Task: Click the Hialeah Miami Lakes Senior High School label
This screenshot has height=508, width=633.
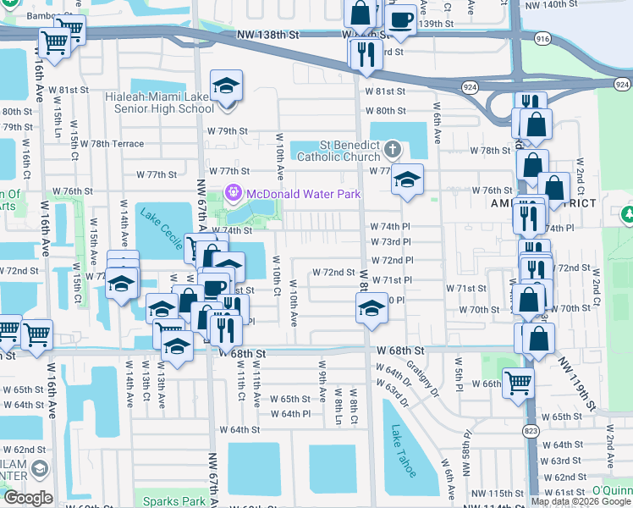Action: coord(160,102)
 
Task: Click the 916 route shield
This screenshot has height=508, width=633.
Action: coord(542,39)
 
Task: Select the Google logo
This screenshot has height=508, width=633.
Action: coord(28,498)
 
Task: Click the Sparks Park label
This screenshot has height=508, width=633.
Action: coord(174,501)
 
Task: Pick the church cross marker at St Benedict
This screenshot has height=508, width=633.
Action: coord(391,150)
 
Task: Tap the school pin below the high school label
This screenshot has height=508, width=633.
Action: coord(226,86)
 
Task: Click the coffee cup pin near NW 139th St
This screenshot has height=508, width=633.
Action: coord(400,19)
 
